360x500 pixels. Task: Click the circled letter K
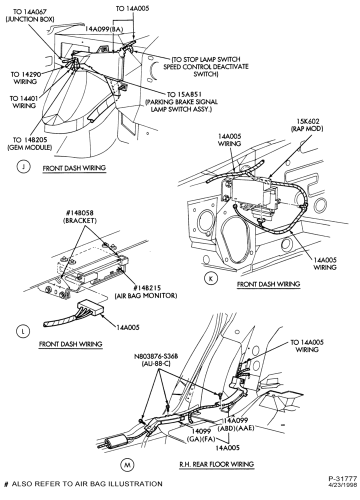(x=211, y=278)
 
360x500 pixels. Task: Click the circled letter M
(x=127, y=465)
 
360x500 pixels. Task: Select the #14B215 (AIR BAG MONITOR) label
(x=145, y=292)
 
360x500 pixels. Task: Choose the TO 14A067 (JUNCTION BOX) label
(x=30, y=15)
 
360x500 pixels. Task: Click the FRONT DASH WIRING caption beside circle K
(x=268, y=284)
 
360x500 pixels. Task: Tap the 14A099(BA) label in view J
(x=104, y=29)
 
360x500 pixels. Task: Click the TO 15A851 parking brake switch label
(x=181, y=102)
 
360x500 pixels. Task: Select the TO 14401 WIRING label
(x=22, y=101)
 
